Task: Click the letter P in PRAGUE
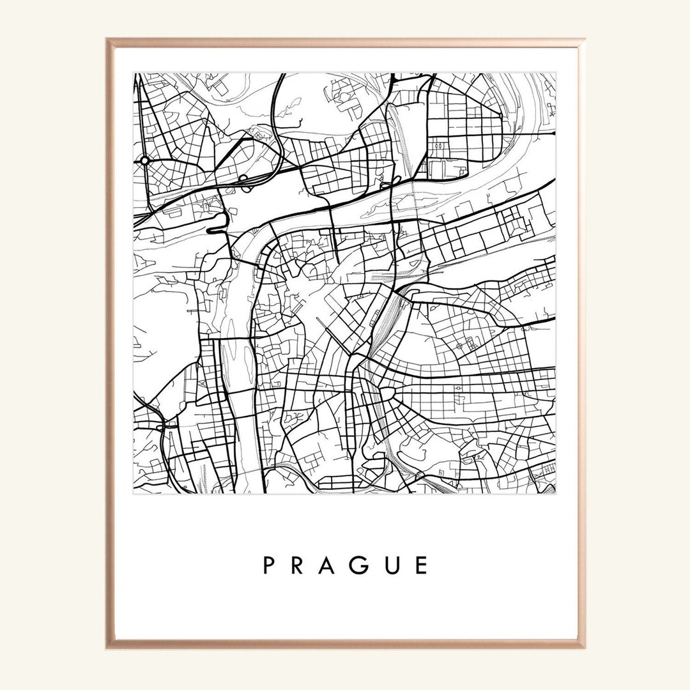coord(269,565)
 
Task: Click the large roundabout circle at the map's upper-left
coord(145,160)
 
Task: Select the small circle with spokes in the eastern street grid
coord(459,346)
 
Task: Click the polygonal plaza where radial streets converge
coord(386,392)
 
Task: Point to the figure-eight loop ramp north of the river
coord(391,183)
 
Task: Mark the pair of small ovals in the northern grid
coord(440,146)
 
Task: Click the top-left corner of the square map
coord(134,73)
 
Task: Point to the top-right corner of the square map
coord(555,73)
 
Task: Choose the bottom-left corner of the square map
coord(134,494)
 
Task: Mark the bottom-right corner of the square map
coord(555,494)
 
